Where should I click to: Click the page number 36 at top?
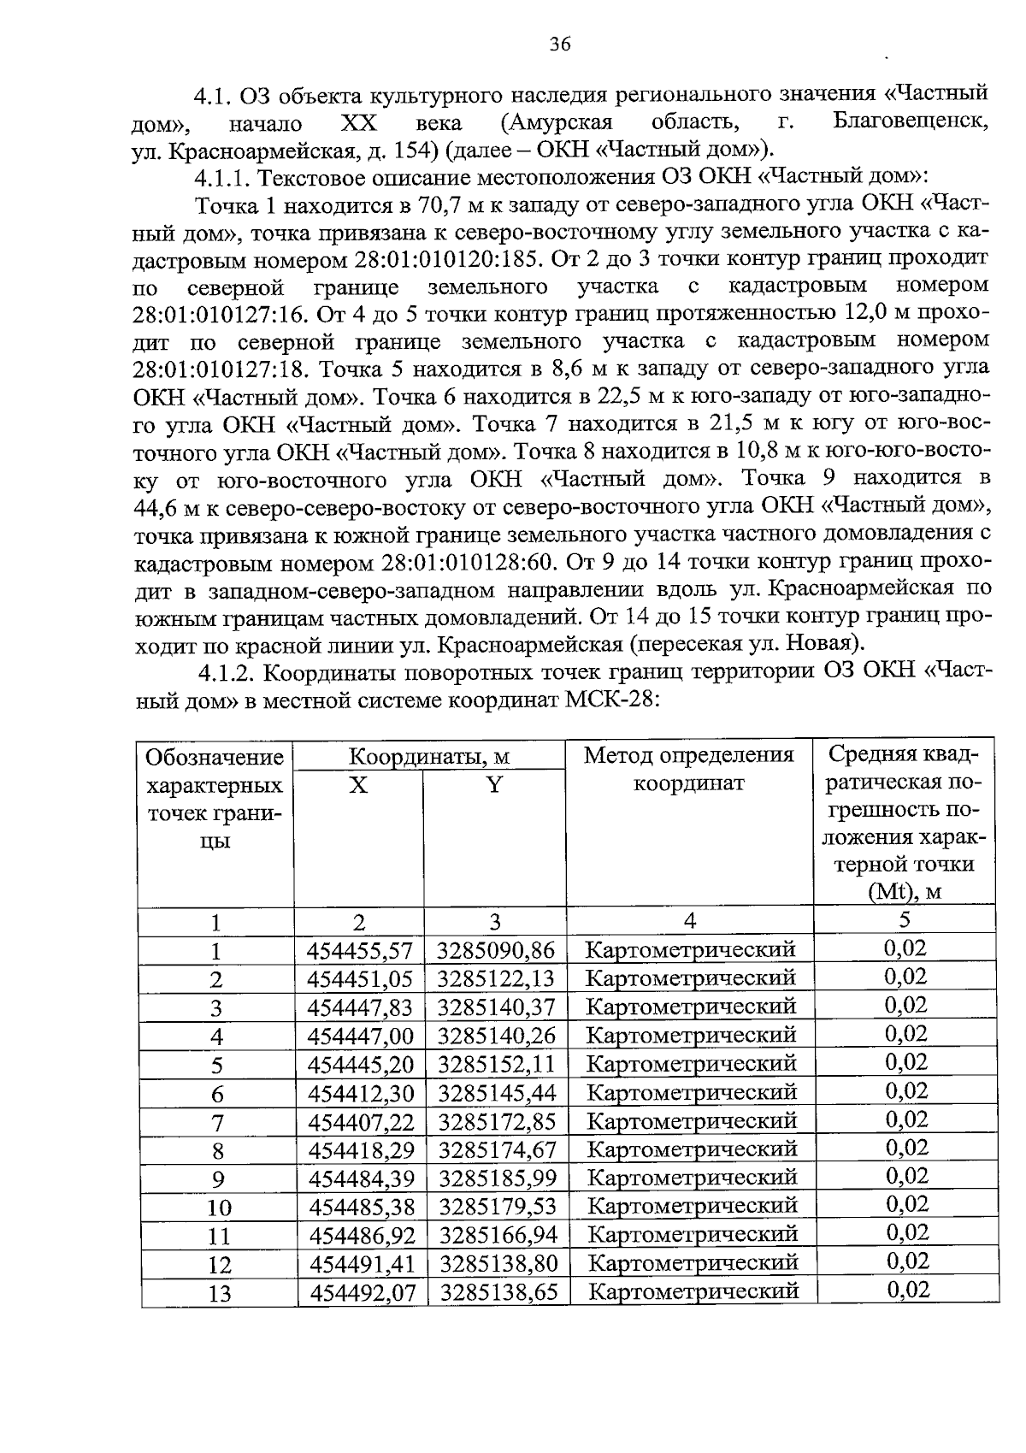coord(560,44)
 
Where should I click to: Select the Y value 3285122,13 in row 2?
coord(496,979)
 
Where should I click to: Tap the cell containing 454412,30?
coord(361,1093)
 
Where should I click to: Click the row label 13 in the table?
coord(220,1293)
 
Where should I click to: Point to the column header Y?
coord(494,785)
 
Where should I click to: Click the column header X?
coord(358,785)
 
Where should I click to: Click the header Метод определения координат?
coord(689,769)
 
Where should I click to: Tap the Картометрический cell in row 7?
coord(693,1121)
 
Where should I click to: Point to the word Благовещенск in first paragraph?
coord(911,121)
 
